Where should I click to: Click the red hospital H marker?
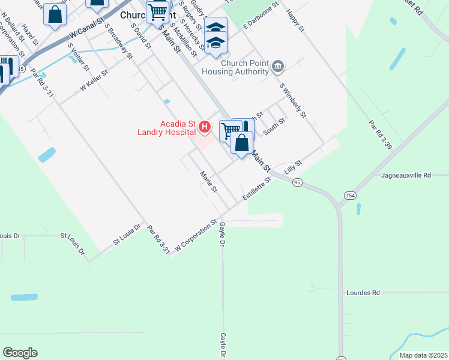[x=205, y=127]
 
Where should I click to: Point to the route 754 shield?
[x=350, y=196]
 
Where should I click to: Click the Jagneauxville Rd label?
[x=406, y=176]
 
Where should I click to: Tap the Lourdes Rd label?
[x=363, y=293]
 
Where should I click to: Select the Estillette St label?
[x=257, y=188]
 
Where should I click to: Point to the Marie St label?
[x=208, y=182]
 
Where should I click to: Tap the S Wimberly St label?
[x=294, y=100]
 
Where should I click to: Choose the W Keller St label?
[x=94, y=80]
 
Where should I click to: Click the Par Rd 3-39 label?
[x=380, y=135]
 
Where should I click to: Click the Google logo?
[x=20, y=352]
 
